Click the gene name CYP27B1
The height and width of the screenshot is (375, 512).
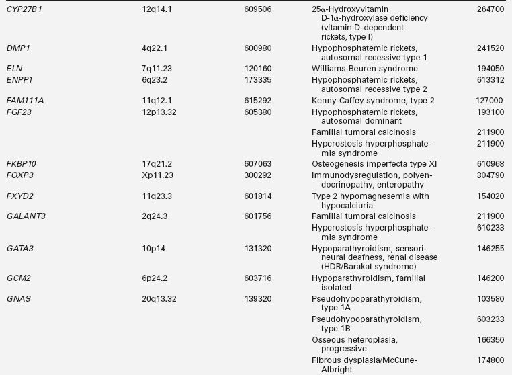24,10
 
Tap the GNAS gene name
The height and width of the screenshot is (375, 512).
18,298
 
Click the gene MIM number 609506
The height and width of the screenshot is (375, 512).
258,10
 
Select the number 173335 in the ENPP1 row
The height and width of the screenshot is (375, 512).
258,80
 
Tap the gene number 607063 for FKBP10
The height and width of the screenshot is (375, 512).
258,163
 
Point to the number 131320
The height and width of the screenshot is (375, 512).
258,248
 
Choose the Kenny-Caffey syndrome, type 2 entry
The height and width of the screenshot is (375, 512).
373,100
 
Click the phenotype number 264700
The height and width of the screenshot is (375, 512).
490,10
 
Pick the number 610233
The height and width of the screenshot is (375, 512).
490,227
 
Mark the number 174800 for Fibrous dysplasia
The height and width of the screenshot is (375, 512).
490,360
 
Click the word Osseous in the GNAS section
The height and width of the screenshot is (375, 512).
328,340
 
